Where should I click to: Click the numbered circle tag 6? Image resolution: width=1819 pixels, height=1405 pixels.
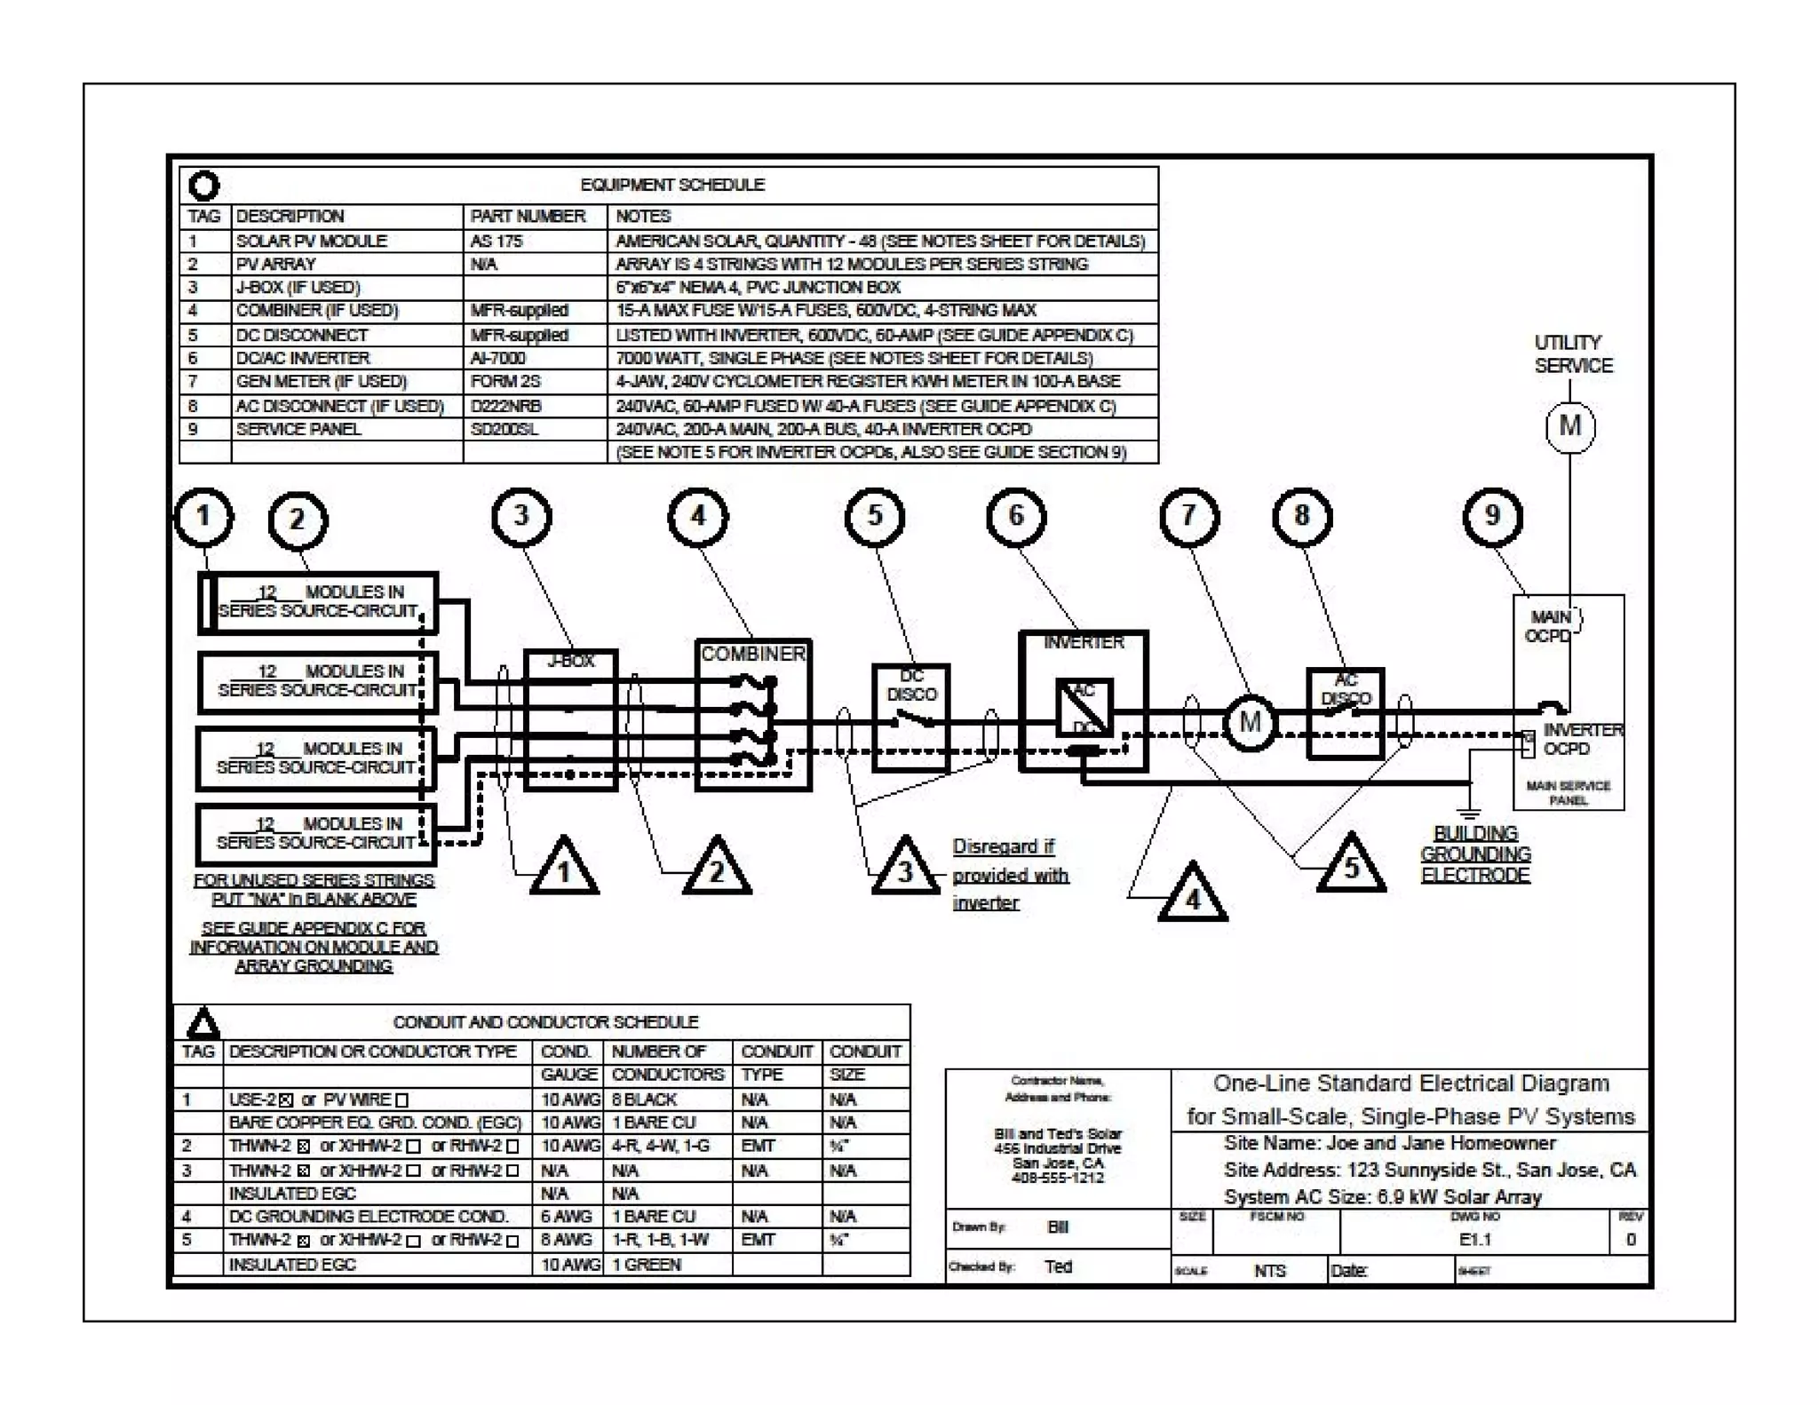[x=1016, y=516]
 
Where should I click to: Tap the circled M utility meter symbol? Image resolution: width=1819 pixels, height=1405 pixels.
[x=1569, y=426]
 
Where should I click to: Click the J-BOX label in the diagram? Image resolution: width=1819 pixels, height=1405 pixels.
[x=570, y=661]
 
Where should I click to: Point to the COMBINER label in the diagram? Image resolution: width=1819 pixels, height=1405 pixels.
[x=753, y=654]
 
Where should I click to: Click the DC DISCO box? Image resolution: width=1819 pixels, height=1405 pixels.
[x=911, y=718]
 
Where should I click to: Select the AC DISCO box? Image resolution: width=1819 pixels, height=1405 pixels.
[x=1345, y=714]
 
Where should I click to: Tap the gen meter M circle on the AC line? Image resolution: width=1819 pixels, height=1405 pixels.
[x=1250, y=722]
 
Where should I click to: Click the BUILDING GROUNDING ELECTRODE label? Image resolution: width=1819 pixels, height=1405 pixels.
[x=1475, y=854]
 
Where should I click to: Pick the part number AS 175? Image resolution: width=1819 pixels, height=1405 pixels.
[x=496, y=241]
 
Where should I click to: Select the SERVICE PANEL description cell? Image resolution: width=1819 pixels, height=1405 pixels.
[x=298, y=429]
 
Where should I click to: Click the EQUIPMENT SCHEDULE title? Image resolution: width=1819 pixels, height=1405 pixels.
[x=672, y=185]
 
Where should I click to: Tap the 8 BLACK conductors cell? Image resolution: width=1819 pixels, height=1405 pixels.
[x=644, y=1099]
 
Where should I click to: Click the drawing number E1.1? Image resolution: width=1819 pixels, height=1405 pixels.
[x=1474, y=1240]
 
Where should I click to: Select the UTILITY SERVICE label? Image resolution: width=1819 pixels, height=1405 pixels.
[x=1573, y=353]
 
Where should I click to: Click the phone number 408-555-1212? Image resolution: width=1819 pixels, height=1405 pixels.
[x=1057, y=1179]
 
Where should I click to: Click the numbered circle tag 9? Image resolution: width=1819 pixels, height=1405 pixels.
[x=1492, y=516]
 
